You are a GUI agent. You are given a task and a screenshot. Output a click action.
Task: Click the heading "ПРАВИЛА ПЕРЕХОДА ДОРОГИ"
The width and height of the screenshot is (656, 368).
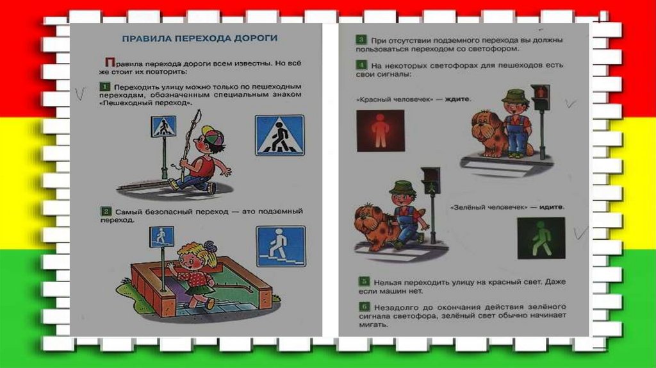(x=200, y=38)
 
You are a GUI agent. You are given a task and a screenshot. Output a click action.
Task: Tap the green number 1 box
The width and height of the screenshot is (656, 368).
(x=104, y=87)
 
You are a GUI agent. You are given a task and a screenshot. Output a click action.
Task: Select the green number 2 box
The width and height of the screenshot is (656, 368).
(x=106, y=212)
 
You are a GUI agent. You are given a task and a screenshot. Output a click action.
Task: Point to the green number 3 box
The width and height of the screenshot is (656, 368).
(x=361, y=40)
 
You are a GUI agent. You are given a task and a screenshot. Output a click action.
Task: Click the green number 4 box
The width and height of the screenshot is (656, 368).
(x=361, y=65)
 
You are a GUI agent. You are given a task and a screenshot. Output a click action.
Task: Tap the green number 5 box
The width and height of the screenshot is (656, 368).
(x=364, y=281)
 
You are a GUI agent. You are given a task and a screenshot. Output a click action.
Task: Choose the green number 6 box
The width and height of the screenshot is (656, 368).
(x=365, y=306)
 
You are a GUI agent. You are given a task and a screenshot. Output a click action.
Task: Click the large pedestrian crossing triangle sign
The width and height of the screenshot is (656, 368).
(x=280, y=136)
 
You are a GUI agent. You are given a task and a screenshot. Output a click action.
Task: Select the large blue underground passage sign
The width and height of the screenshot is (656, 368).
(x=281, y=246)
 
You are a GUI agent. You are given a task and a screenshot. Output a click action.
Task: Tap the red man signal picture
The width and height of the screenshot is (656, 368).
(x=381, y=131)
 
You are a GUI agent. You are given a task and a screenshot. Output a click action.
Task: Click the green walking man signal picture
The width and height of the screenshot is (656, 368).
(x=541, y=238)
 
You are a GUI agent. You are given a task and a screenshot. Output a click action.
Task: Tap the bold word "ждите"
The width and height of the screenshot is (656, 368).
(x=457, y=99)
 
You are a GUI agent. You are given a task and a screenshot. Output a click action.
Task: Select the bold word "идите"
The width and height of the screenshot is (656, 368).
(x=551, y=207)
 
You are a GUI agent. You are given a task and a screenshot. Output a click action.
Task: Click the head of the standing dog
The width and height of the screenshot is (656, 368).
(x=486, y=124)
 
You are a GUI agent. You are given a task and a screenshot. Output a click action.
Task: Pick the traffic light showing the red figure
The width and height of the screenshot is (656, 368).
(x=541, y=98)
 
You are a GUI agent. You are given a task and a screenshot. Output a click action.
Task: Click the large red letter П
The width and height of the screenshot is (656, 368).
(x=110, y=62)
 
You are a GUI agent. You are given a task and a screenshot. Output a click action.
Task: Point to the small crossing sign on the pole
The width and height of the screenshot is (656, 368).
(x=163, y=127)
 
